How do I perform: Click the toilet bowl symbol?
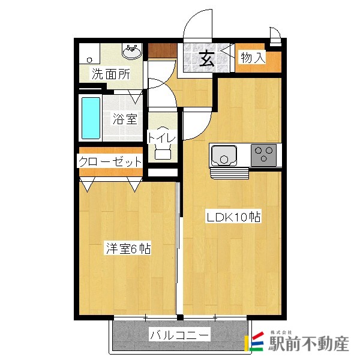[163, 152]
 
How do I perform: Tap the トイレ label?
[162, 138]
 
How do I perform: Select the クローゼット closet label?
[110, 161]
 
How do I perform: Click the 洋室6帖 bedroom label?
[128, 248]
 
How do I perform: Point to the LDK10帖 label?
[233, 217]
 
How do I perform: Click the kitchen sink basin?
[223, 157]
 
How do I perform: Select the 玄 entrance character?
[206, 59]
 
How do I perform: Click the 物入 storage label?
[252, 58]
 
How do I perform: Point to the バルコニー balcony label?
[179, 334]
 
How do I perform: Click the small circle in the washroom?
[89, 59]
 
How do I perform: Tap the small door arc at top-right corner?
[275, 35]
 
